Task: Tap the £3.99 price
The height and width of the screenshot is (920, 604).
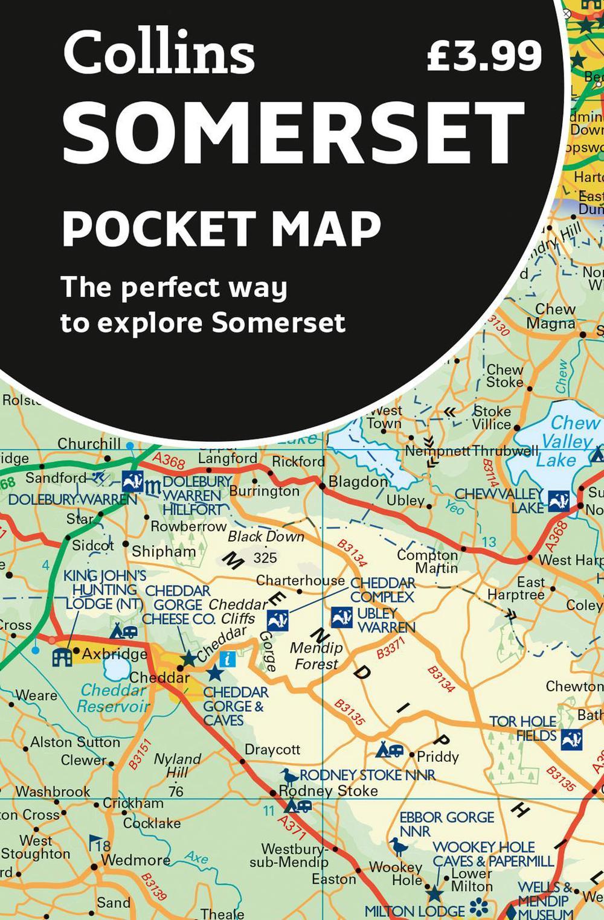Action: [484, 56]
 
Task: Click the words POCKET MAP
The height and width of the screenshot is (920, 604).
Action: [222, 228]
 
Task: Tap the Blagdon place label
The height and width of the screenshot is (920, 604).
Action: [358, 482]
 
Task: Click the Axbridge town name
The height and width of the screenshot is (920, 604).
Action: [114, 654]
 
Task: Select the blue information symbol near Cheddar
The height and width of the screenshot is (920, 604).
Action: [227, 659]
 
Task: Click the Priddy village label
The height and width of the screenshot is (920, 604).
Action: [438, 756]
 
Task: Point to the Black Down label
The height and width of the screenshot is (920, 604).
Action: [266, 537]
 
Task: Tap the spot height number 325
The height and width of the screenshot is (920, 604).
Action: [265, 558]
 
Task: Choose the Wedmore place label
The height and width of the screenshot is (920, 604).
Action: [135, 860]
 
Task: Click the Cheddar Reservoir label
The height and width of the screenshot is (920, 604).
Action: [114, 698]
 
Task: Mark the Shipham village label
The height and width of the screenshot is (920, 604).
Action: [164, 551]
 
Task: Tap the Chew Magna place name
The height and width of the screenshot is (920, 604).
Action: [551, 316]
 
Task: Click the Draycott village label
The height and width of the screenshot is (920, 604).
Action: [272, 750]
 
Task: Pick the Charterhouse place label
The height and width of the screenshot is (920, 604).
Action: [300, 581]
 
